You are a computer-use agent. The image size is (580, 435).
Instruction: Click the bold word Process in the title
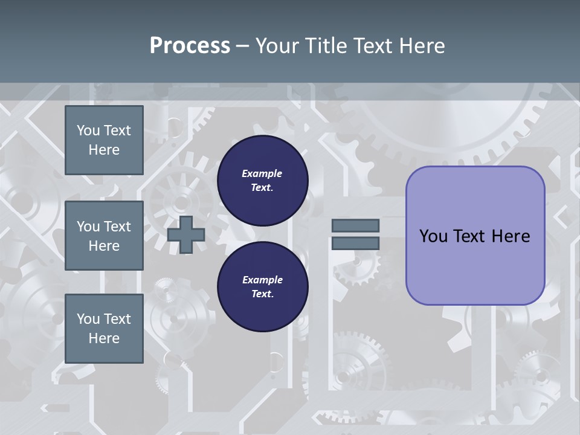190,45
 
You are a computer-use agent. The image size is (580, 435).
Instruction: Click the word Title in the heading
327,46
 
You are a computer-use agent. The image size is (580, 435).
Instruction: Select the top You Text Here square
104,140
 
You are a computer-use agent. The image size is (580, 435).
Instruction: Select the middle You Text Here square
104,236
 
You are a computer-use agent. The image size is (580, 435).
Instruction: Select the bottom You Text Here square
104,329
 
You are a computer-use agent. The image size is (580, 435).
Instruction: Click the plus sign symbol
186,234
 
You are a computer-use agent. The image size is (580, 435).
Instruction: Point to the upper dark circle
263,181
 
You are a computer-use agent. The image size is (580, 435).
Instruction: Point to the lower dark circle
263,287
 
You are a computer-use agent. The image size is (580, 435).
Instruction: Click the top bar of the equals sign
355,225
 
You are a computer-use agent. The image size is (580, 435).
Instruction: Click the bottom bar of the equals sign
355,243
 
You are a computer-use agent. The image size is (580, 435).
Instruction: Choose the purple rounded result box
475,235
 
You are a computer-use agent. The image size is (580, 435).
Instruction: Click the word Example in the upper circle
262,173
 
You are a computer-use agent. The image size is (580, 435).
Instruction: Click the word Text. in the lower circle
262,294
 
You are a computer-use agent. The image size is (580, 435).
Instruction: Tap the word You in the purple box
433,236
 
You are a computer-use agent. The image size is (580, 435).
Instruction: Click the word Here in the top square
104,150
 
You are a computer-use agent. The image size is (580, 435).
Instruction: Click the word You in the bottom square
88,319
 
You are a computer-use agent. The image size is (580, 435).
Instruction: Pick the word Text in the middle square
117,227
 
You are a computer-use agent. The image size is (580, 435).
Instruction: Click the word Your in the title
277,46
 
